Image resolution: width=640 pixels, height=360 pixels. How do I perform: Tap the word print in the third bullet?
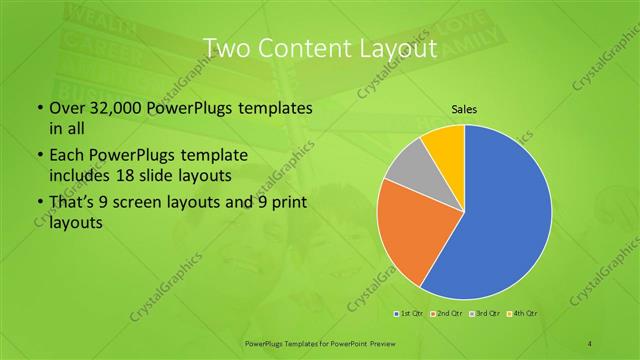click(286, 204)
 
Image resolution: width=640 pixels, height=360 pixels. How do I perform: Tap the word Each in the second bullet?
click(65, 156)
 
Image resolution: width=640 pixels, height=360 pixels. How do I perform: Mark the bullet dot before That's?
click(39, 205)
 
